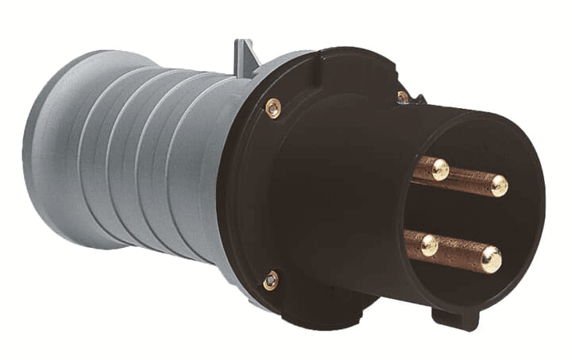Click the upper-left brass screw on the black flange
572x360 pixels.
coord(272,108)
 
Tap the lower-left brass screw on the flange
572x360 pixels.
coord(271,280)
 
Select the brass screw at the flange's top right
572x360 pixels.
coord(404,97)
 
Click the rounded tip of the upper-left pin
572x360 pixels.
coord(439,169)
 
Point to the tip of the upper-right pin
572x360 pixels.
coord(498,185)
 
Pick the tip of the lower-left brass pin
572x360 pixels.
coord(428,245)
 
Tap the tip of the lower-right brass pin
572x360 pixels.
coord(490,259)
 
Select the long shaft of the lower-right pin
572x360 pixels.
coord(461,253)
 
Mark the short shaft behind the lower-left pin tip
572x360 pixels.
coord(413,241)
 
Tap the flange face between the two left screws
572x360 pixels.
coord(262,195)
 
